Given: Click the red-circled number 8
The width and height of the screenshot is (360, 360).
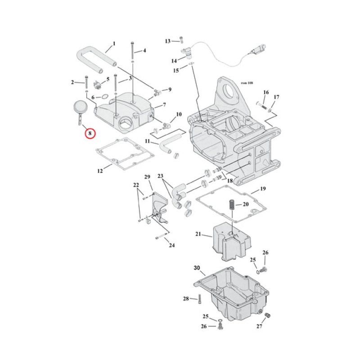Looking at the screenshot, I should click(89, 133).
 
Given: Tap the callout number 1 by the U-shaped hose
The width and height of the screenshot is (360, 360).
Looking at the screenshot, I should click(114, 44).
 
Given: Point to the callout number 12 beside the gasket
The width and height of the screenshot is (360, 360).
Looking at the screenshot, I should click(99, 171).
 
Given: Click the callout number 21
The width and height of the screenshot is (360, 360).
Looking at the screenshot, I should click(198, 234).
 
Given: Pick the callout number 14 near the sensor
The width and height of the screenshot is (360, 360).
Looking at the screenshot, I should click(174, 60).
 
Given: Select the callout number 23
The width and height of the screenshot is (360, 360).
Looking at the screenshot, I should click(161, 176).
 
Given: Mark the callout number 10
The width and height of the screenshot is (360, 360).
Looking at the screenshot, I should click(179, 114).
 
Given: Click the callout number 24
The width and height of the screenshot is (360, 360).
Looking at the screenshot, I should click(171, 245).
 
